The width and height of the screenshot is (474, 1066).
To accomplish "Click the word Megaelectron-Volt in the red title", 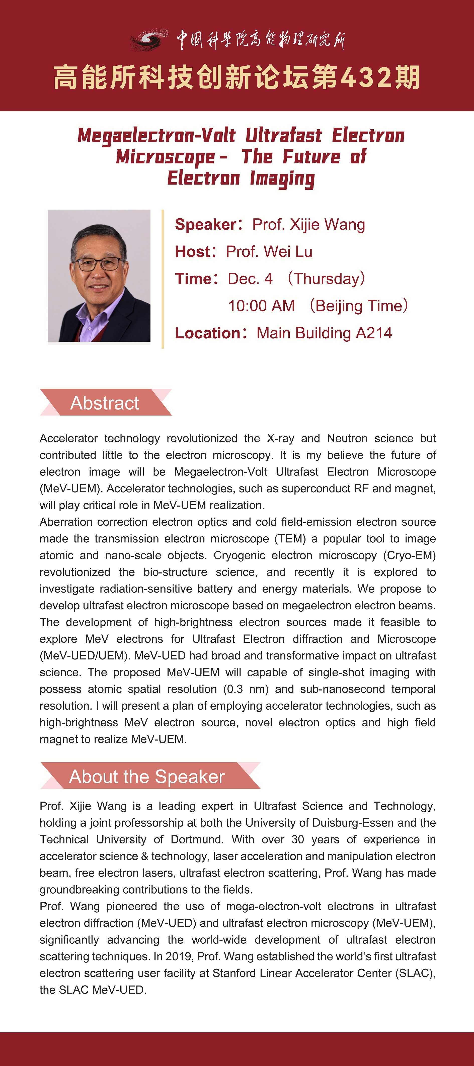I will pyautogui.click(x=156, y=136).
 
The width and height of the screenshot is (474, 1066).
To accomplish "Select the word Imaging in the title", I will pyautogui.click(x=282, y=179).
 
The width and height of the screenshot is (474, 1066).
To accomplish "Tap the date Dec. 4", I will pyautogui.click(x=250, y=279).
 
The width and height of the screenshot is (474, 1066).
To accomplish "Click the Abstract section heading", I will pyautogui.click(x=105, y=403).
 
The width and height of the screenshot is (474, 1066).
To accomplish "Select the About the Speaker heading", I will pyautogui.click(x=147, y=776).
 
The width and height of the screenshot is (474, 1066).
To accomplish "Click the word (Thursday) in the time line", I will pyautogui.click(x=326, y=279).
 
